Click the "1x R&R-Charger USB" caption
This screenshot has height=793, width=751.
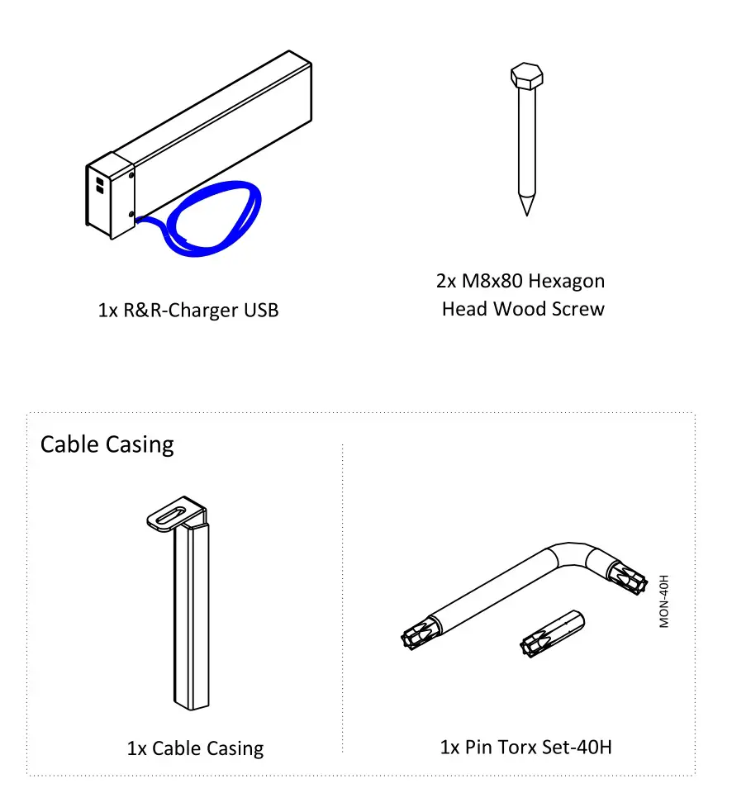[188, 311]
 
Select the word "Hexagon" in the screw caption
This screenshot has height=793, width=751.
[567, 281]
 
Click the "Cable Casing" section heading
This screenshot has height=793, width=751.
[107, 444]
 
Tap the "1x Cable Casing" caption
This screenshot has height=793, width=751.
[195, 748]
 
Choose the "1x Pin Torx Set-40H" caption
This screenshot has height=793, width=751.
[526, 748]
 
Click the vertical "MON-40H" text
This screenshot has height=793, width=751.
[664, 601]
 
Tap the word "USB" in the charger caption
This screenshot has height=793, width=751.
[261, 311]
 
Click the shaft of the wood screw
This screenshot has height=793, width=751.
[525, 140]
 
